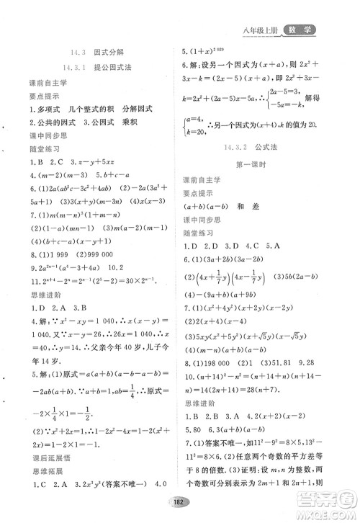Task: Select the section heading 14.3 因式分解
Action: [x=83, y=52]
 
